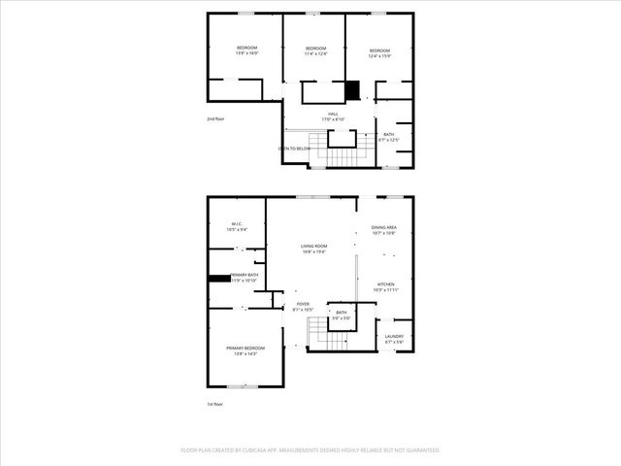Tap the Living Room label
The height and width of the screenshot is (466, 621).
[x=313, y=249]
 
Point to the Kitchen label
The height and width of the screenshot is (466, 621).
[x=385, y=286]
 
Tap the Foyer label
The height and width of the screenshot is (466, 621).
[x=303, y=306]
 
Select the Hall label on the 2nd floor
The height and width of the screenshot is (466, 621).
[x=333, y=116]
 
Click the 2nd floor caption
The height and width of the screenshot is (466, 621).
[x=215, y=118]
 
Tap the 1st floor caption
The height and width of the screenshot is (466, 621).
[x=215, y=404]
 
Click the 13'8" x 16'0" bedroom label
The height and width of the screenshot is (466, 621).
[x=246, y=50]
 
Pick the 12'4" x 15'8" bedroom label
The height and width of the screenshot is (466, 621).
[x=378, y=52]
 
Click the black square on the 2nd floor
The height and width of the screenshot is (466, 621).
[x=354, y=89]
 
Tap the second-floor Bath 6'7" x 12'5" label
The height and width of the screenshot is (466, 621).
[x=389, y=137]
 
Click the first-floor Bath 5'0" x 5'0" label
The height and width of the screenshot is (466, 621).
[x=342, y=315]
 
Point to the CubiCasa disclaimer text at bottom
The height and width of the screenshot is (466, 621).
[x=310, y=450]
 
